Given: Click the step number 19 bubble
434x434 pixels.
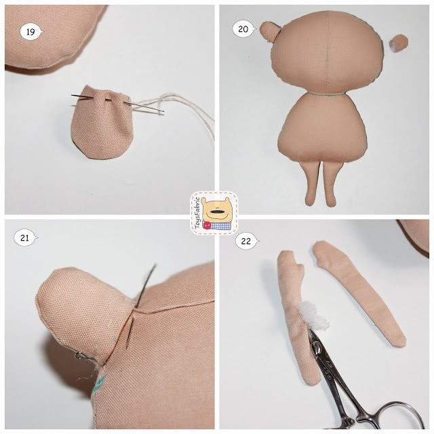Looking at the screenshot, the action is (x=31, y=32).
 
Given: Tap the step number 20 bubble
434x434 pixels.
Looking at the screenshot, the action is (x=243, y=29).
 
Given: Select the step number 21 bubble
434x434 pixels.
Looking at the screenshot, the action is (x=25, y=238).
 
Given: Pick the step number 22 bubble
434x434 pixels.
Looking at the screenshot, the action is (x=246, y=241).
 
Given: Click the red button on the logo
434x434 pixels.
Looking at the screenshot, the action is (x=206, y=226).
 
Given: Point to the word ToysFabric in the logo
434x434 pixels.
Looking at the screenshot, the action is (x=197, y=212).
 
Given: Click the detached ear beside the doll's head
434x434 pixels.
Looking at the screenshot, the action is (x=399, y=43).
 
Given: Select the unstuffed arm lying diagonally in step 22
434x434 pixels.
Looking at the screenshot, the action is (x=360, y=294).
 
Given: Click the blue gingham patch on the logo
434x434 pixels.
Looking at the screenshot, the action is (x=219, y=226).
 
